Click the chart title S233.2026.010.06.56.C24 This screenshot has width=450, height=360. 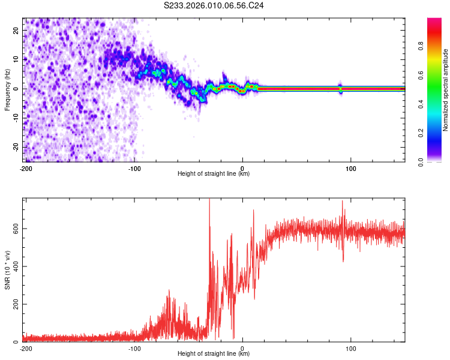(x=214, y=5)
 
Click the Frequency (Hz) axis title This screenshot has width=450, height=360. (x=7, y=89)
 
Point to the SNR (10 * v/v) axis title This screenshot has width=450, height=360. (x=7, y=269)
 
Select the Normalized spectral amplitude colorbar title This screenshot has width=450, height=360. (x=446, y=90)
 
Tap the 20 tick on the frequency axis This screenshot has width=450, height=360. (x=17, y=30)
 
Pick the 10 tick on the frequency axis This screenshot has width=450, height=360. (x=17, y=59)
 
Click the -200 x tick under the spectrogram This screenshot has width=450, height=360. (x=26, y=168)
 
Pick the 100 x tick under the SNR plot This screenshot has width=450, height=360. (x=352, y=348)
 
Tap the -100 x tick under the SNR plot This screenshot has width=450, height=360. (x=134, y=348)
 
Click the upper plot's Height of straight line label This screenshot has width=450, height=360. (x=214, y=174)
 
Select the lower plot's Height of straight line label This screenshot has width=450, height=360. (x=214, y=354)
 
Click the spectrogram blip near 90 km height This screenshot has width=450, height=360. (x=340, y=88)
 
